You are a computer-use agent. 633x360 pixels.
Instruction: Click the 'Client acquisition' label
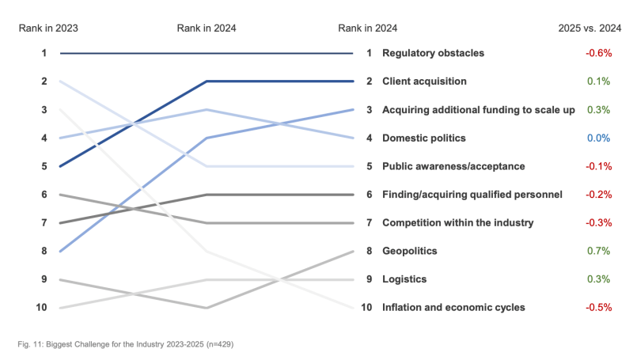point(424,81)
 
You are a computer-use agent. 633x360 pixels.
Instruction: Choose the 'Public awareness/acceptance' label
point(452,166)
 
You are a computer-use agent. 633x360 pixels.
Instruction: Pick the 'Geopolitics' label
point(409,251)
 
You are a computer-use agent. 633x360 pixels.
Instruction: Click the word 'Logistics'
point(404,279)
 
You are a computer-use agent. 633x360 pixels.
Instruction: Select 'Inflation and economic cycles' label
point(453,307)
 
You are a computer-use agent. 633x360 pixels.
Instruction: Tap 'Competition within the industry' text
point(457,223)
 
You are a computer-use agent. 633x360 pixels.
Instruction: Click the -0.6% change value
point(599,53)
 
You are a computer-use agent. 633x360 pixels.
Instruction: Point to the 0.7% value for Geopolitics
point(599,251)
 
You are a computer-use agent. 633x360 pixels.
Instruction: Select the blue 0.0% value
point(599,138)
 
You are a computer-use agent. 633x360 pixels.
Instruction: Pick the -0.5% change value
point(599,307)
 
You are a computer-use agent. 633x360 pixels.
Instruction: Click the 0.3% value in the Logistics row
point(599,279)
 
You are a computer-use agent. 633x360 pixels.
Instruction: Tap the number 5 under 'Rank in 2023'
point(44,166)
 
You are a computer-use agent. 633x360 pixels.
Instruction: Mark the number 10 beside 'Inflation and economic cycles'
point(366,307)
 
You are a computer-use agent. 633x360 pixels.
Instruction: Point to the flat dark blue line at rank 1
point(206,53)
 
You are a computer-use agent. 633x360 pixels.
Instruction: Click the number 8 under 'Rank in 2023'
point(44,251)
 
